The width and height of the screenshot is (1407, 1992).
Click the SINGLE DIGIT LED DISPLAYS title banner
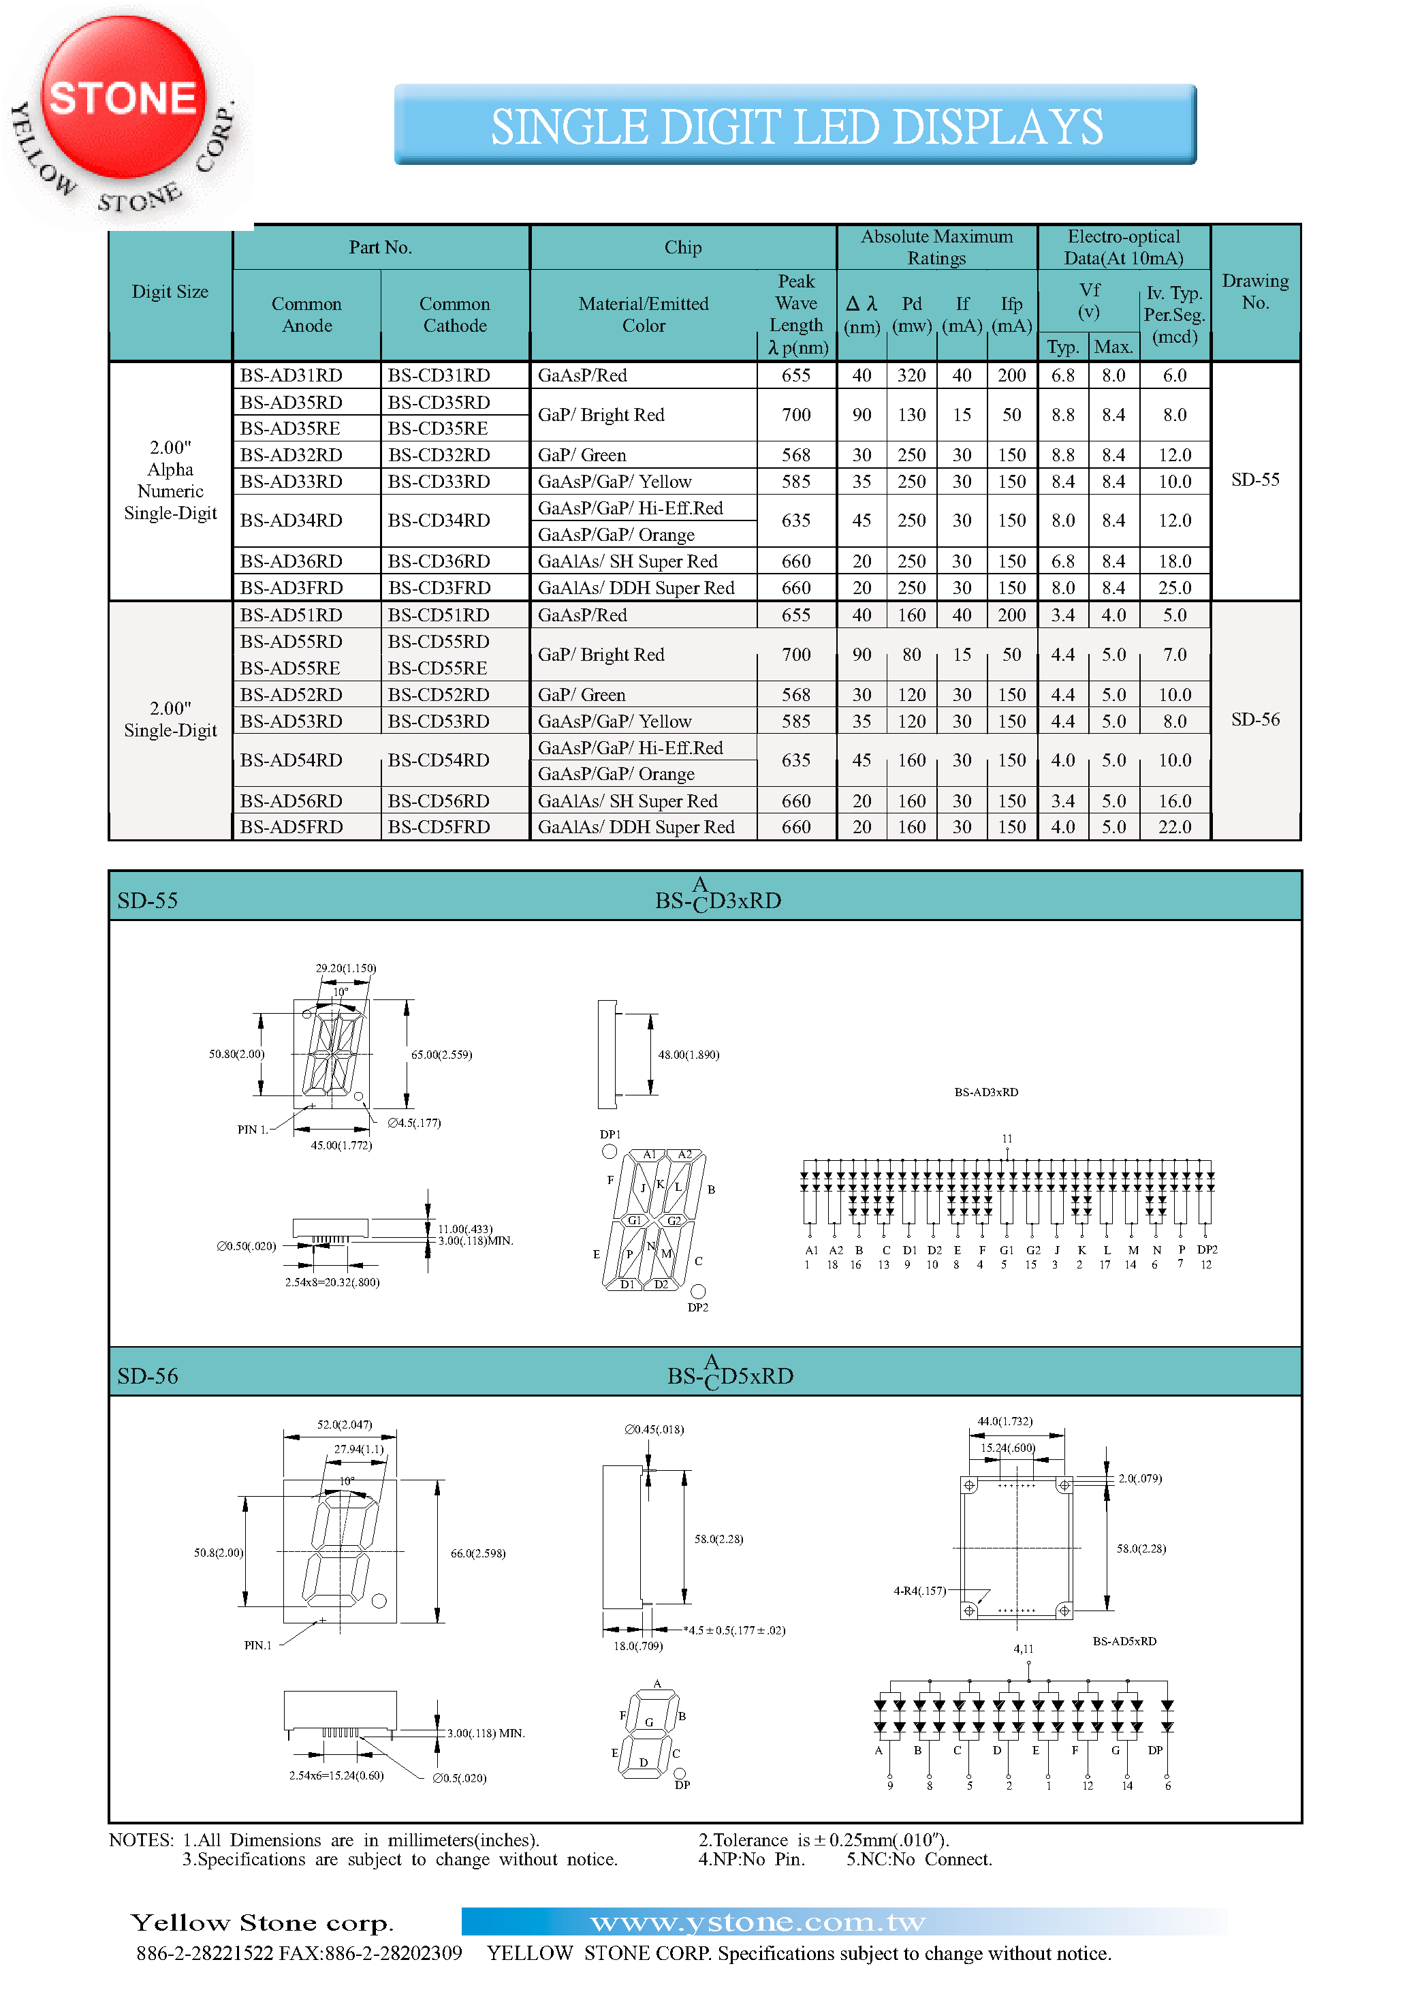tap(795, 125)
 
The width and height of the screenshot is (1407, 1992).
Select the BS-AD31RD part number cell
tap(291, 375)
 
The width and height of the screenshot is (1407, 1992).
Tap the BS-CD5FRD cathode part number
tap(439, 828)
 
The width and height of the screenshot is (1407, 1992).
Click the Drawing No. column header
tap(1254, 292)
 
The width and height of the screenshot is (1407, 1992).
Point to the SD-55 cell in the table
tap(1254, 480)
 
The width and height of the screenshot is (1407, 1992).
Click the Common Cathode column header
tap(454, 315)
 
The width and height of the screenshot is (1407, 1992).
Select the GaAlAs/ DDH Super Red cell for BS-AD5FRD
tap(636, 828)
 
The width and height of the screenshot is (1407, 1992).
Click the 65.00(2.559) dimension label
tap(441, 1055)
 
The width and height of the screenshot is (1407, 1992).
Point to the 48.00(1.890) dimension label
tap(689, 1055)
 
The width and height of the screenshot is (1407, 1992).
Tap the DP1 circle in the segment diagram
tap(610, 1151)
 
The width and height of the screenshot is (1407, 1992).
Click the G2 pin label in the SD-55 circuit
tap(1033, 1250)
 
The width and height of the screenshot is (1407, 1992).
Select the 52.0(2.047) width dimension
tap(345, 1425)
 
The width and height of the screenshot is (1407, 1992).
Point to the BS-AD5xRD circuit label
tap(1124, 1640)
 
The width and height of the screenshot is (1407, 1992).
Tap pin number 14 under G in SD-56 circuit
tap(1127, 1786)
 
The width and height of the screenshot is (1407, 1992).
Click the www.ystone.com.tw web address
tap(757, 1923)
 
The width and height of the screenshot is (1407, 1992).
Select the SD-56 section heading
tap(148, 1376)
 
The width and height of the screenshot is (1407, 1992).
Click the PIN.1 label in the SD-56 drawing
tap(257, 1645)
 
